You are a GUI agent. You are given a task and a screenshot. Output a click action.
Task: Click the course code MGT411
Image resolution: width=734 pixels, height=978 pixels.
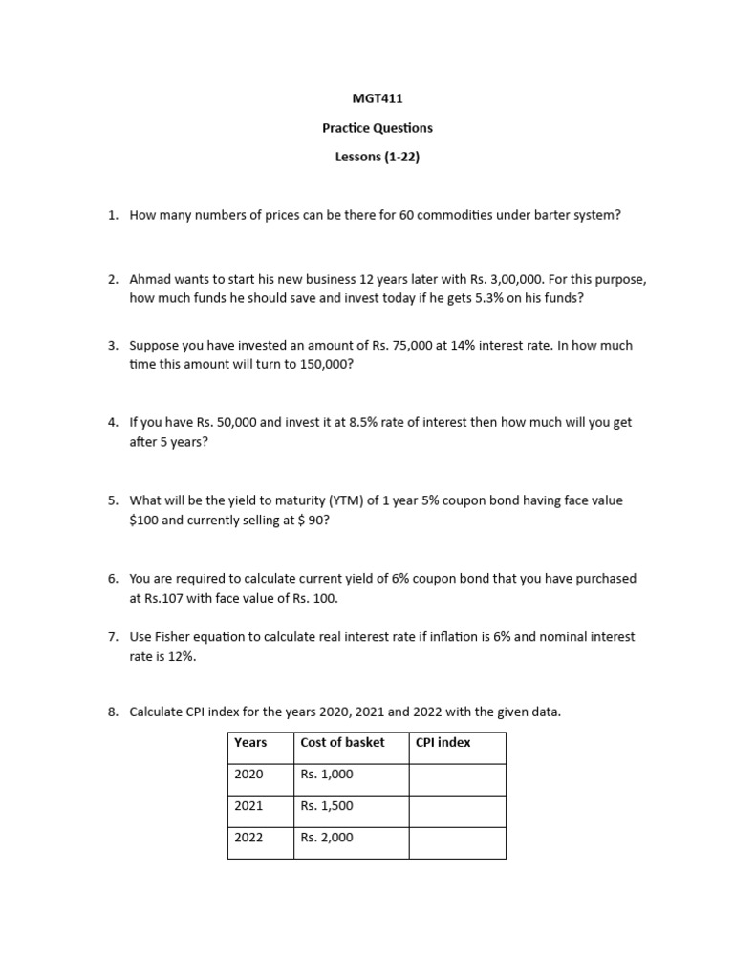tap(366, 97)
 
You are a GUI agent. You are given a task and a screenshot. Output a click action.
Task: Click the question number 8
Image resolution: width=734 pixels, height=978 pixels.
tap(113, 712)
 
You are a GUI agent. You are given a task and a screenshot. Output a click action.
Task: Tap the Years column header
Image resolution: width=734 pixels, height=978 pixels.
tap(250, 742)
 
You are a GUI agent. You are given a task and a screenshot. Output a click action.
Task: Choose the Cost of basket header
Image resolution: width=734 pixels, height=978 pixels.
tap(342, 742)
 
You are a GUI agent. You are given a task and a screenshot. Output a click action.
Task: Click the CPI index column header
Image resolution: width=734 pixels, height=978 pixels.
tap(443, 742)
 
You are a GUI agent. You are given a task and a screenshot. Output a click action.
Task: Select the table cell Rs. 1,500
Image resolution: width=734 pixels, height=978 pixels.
tap(327, 806)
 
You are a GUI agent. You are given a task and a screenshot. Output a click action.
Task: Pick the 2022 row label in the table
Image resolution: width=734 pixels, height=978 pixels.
tap(248, 838)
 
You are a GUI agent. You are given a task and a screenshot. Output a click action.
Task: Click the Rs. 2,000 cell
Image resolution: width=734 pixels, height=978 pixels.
tap(327, 838)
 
